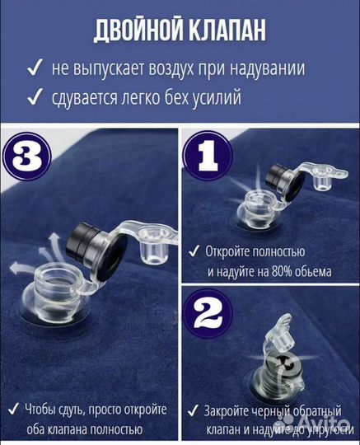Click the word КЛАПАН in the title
(x=228, y=30)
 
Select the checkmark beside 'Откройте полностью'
(x=195, y=251)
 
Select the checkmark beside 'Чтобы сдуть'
(x=16, y=410)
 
